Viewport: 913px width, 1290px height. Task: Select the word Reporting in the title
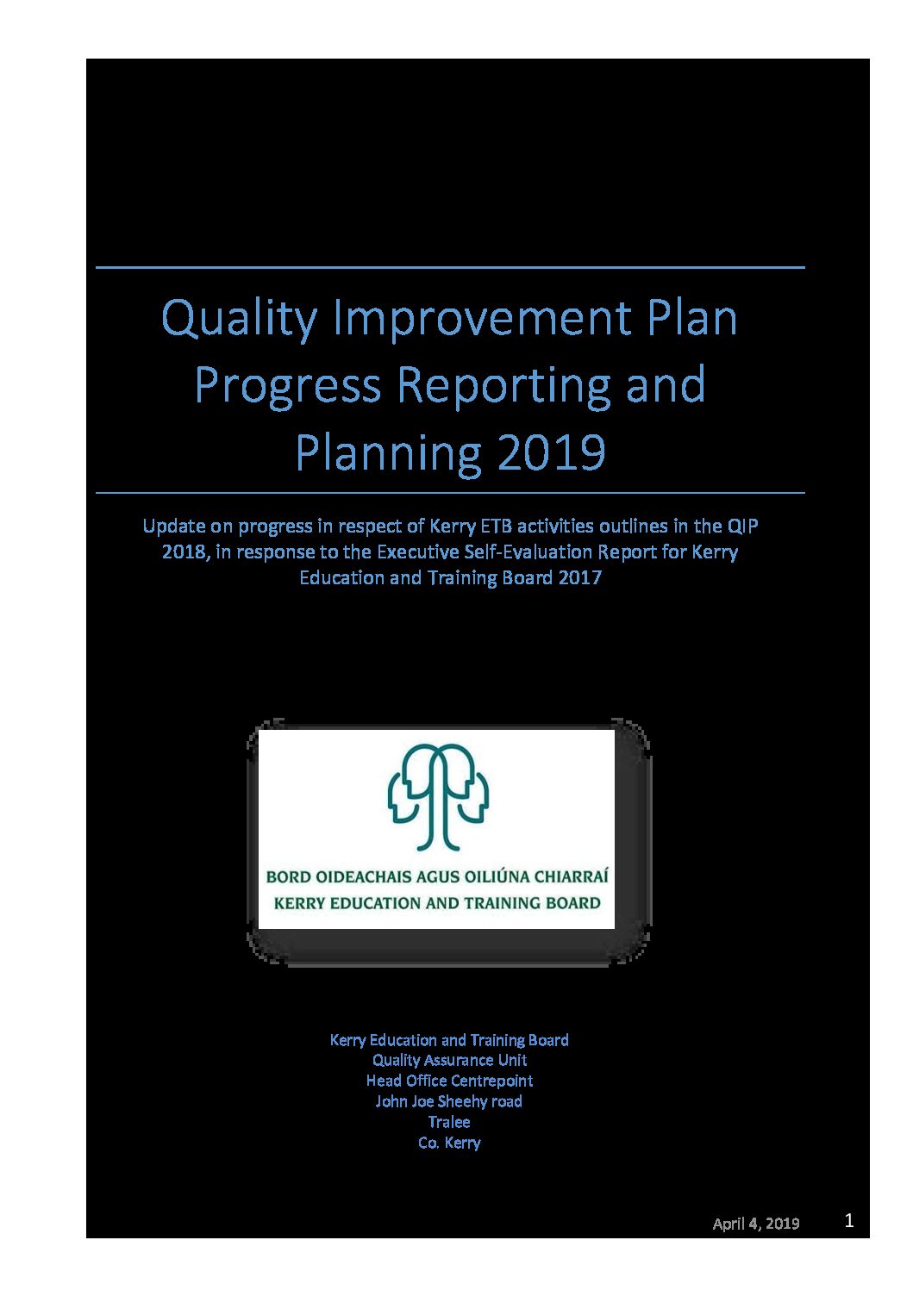pos(503,385)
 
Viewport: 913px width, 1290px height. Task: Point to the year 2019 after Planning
pos(551,452)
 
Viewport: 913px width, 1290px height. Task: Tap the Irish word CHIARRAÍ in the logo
pos(571,877)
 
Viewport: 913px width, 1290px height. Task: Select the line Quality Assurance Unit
pos(449,1060)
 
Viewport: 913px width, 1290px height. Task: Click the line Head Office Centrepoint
pos(449,1081)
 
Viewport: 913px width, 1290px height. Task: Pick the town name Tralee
pos(449,1121)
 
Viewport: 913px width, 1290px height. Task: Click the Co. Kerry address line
pos(449,1143)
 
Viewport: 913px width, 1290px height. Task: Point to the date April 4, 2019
pos(756,1223)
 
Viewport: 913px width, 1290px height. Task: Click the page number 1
pos(849,1220)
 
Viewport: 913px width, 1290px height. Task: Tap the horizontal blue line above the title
pos(450,267)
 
